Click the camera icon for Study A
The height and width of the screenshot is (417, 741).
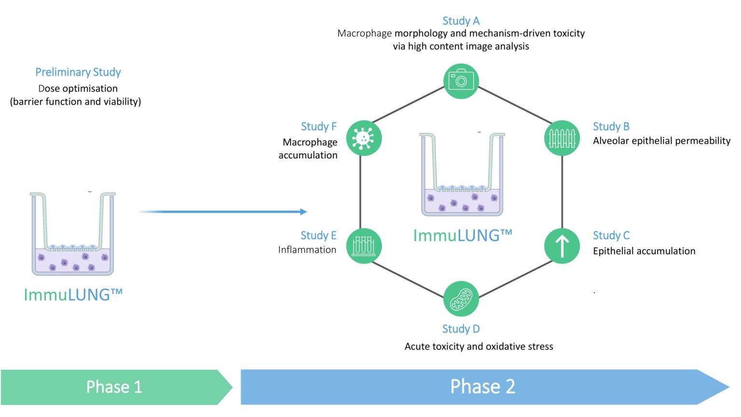point(461,81)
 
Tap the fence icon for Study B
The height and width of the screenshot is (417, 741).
point(562,138)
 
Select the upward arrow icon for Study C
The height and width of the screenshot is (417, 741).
point(562,246)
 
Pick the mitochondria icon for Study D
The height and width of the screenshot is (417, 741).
point(461,299)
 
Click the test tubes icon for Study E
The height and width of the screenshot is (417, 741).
point(364,246)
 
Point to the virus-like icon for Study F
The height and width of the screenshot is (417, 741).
point(364,138)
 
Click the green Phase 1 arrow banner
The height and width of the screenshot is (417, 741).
point(115,387)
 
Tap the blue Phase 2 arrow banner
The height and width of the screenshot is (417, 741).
point(482,387)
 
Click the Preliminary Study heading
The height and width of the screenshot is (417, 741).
point(78,72)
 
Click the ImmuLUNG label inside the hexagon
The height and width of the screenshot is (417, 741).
point(462,236)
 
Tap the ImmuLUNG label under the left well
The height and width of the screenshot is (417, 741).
point(73,295)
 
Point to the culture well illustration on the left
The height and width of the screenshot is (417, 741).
point(73,234)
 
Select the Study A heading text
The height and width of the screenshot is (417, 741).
point(461,21)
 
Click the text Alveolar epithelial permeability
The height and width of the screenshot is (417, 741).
point(661,141)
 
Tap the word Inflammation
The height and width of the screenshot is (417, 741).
point(307,250)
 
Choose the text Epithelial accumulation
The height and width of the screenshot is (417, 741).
point(644,251)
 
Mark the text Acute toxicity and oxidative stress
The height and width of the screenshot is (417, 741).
point(479,347)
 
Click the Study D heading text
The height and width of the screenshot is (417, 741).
point(461,329)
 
